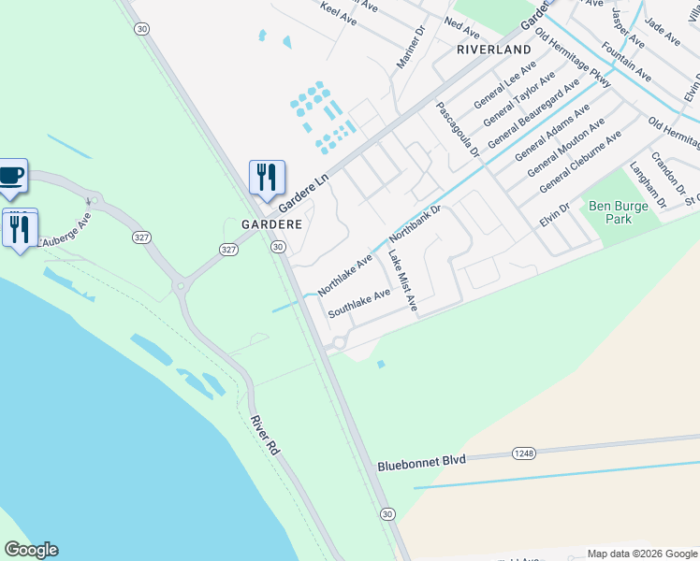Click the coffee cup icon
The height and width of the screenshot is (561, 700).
[12, 175]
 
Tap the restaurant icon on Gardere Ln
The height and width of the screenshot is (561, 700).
[267, 176]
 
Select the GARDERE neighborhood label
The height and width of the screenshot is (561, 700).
[271, 225]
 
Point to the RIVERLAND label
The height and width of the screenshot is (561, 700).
[493, 49]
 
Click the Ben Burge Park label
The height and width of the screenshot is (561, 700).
[610, 212]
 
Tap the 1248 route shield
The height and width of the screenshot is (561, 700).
[524, 453]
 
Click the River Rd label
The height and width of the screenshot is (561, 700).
[265, 437]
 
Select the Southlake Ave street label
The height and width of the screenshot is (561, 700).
[358, 305]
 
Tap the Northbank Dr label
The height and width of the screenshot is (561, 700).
[415, 226]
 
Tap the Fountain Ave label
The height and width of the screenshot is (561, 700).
[626, 60]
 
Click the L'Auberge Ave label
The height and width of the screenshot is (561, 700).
[65, 231]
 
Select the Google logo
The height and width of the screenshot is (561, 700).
[31, 550]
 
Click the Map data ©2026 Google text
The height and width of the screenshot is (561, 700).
[629, 554]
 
